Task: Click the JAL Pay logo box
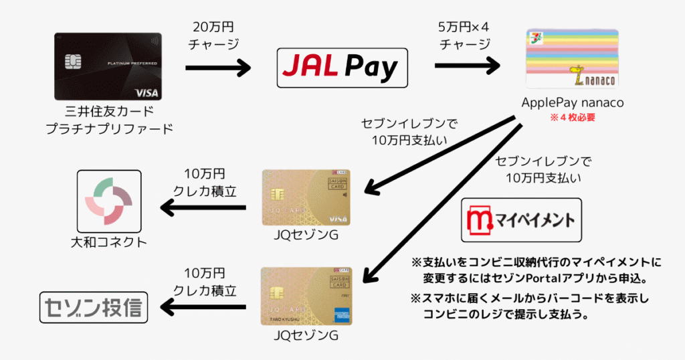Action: [342, 68]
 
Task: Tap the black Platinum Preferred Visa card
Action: [108, 66]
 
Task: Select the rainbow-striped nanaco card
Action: [573, 58]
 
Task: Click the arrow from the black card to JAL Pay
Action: [218, 68]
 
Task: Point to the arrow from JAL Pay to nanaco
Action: [468, 66]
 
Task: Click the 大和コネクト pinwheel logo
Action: [109, 201]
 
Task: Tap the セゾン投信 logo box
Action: [94, 308]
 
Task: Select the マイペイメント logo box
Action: [521, 219]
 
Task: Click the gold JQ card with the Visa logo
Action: [306, 197]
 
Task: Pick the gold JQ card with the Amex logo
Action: [306, 296]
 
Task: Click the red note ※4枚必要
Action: [573, 118]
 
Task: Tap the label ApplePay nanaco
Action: [573, 102]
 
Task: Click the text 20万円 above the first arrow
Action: [213, 27]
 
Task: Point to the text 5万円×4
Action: [464, 27]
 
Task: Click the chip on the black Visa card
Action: [73, 62]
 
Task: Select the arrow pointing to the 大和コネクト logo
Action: [203, 208]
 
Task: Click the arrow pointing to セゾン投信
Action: [203, 307]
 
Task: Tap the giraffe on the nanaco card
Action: [578, 74]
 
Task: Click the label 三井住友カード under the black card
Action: [110, 111]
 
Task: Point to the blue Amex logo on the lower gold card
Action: [342, 315]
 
